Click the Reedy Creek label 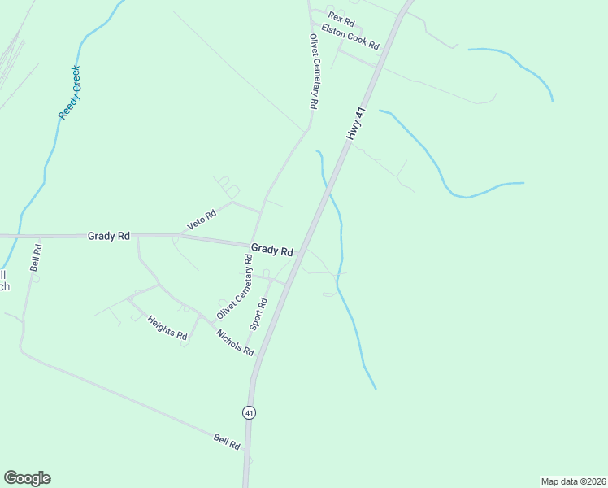coord(70,92)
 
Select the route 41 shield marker coord(249,412)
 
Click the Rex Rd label coord(342,17)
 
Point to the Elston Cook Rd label coord(350,37)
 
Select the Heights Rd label coord(167,328)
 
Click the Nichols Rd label coord(236,342)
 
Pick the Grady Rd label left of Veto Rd coord(109,236)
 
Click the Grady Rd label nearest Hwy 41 coord(271,250)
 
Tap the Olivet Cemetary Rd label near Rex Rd coord(312,72)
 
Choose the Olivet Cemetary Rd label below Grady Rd coord(235,286)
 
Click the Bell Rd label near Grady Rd coord(35,256)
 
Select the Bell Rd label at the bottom coord(227,442)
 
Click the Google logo coord(27,478)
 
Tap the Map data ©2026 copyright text coord(574,481)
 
